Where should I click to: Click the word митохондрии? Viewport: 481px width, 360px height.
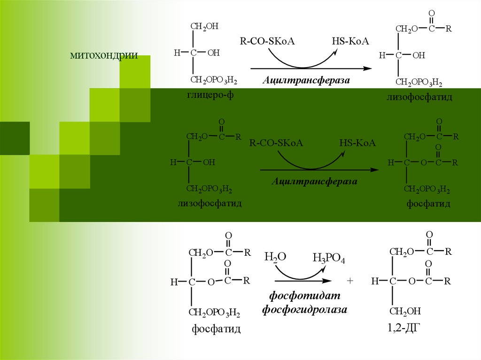[104, 57]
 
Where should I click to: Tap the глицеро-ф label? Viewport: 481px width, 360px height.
[209, 95]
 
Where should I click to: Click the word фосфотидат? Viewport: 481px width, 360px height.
[304, 297]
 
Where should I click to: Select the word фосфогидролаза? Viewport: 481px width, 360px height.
[304, 310]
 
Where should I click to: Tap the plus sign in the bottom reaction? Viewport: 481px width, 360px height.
[349, 281]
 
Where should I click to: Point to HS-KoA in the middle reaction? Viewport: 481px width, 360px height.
[358, 143]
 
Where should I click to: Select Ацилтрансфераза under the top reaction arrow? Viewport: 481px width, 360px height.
[306, 80]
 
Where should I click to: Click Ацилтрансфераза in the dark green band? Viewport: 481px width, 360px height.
[314, 181]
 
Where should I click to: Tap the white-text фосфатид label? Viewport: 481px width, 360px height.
[428, 204]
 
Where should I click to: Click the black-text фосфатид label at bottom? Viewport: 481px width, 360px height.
[216, 329]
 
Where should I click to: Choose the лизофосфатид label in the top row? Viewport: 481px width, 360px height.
[419, 97]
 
